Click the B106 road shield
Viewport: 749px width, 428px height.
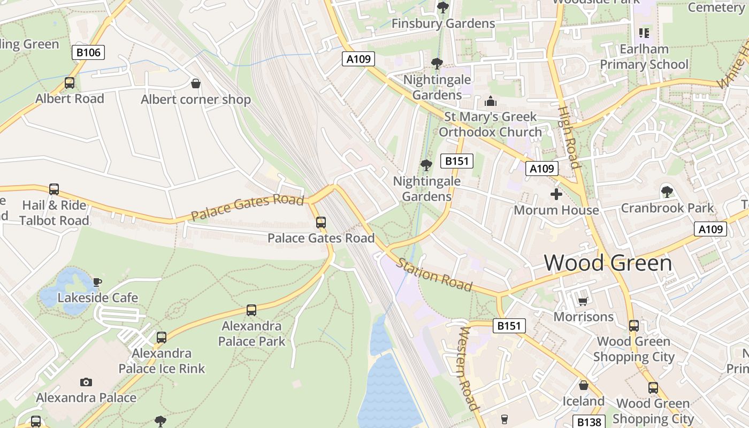88,52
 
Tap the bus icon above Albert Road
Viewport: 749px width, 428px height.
70,83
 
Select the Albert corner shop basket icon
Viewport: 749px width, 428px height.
196,83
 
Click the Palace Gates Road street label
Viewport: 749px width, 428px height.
247,207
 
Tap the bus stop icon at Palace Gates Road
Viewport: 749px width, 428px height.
321,223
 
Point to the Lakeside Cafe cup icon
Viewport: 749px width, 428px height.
97,282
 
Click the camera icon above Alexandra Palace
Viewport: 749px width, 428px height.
86,382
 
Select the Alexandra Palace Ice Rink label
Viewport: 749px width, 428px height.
162,361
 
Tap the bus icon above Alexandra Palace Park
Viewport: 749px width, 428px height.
251,310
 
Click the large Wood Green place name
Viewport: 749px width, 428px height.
608,263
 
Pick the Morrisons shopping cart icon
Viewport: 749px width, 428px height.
583,302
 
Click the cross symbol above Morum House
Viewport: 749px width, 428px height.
556,194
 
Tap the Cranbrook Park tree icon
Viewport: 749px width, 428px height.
667,191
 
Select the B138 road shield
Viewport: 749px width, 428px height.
589,422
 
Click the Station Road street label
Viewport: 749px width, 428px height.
434,274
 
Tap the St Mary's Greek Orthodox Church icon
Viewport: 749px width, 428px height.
490,101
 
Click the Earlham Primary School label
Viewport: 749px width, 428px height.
644,57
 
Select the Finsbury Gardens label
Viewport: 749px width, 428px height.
443,24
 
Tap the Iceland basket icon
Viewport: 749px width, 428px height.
583,385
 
